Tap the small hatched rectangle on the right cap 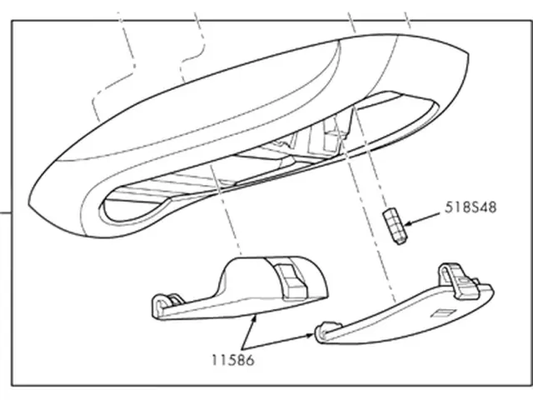click(x=439, y=313)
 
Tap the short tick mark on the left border click(x=7, y=212)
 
